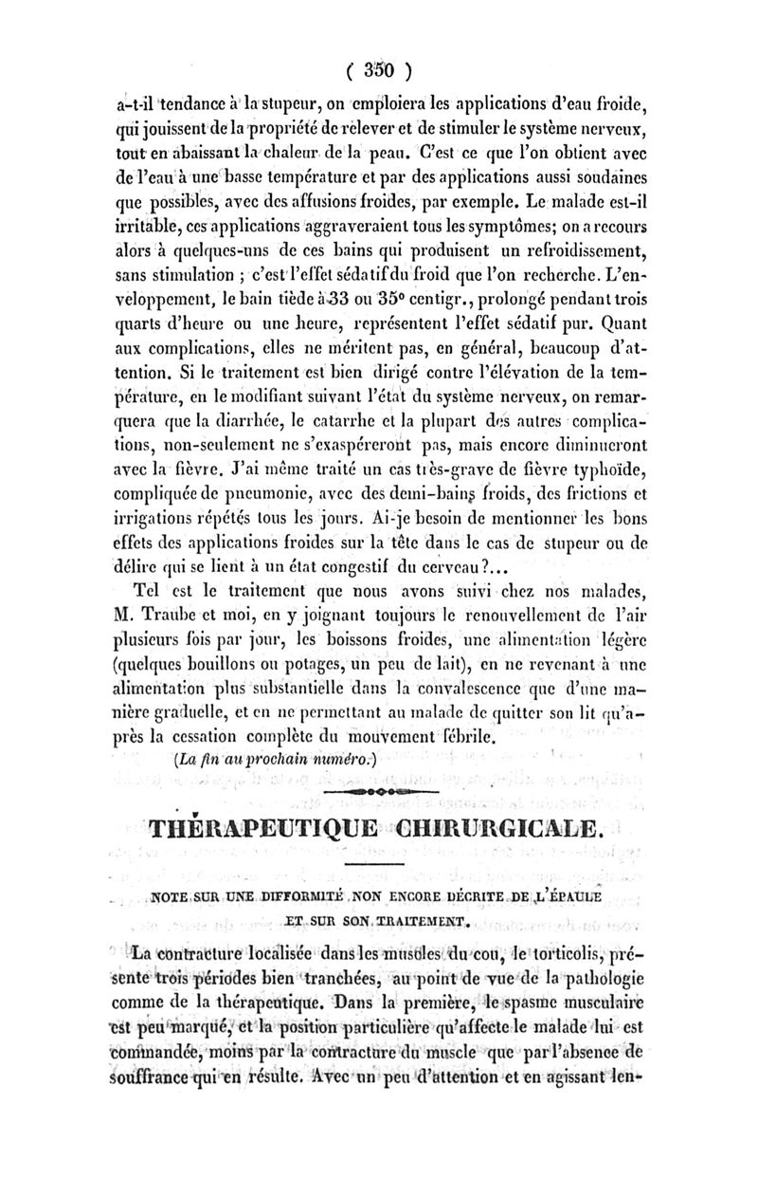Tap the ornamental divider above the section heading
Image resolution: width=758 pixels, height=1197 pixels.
(379, 789)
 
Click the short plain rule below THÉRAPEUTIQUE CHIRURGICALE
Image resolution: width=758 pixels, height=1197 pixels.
(380, 866)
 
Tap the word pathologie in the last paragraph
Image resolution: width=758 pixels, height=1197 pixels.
(593, 978)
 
